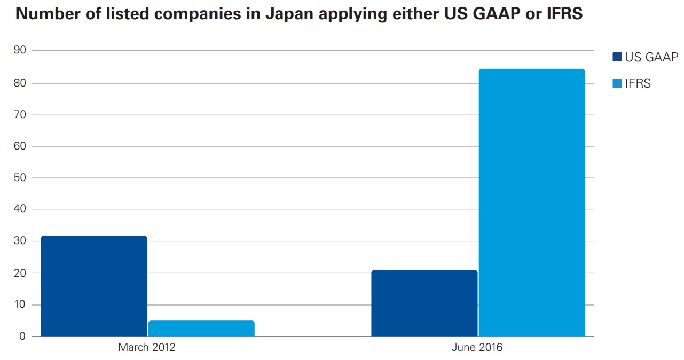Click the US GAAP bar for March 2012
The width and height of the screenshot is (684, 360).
click(x=94, y=286)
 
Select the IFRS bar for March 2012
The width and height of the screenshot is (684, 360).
click(x=201, y=328)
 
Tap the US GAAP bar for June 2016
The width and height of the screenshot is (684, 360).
click(x=424, y=303)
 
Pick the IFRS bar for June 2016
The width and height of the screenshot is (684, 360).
click(x=532, y=203)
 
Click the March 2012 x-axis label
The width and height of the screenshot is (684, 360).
click(x=146, y=348)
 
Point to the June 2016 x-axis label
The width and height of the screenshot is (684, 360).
click(x=477, y=348)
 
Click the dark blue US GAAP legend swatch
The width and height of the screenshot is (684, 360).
click(x=617, y=57)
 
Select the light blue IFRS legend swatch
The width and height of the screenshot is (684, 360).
click(x=617, y=83)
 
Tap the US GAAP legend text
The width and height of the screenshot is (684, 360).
click(x=651, y=57)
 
